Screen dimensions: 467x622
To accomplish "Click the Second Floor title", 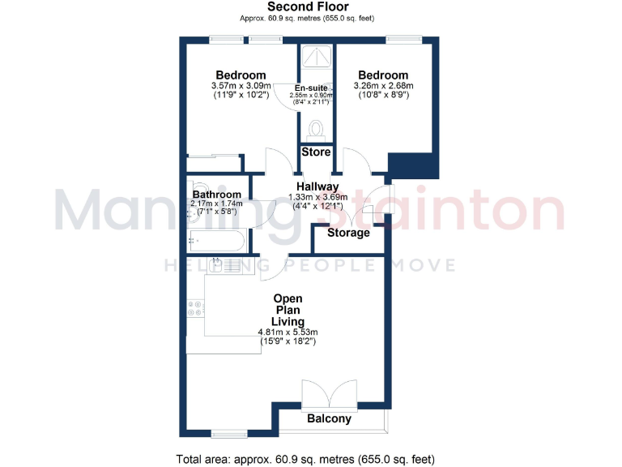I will pos(310,7).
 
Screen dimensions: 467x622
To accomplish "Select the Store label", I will pos(316,152).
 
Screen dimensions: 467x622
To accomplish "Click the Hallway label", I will pos(317,186).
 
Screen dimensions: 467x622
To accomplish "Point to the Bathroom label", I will pos(216,195).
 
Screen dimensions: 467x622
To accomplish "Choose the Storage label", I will pos(348,233).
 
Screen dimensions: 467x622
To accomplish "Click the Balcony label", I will pos(330,419).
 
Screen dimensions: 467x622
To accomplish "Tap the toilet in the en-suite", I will pos(316,130).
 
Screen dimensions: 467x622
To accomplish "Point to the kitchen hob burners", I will pos(195,308).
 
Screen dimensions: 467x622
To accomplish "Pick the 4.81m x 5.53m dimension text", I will pos(288,332).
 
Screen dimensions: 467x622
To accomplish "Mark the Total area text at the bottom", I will pos(310,458).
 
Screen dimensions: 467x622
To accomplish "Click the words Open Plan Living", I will pos(288,310).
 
